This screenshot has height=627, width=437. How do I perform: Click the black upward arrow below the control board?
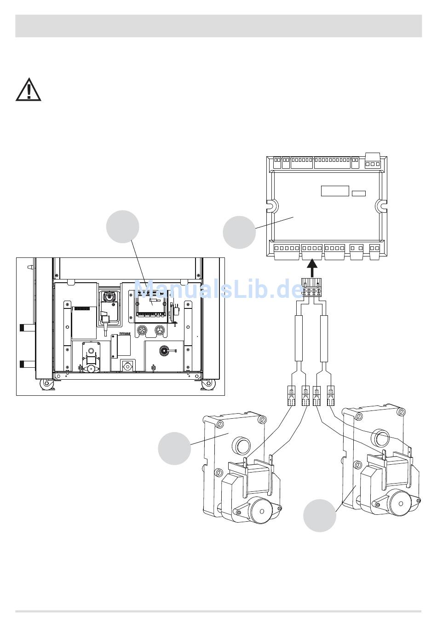point(312,268)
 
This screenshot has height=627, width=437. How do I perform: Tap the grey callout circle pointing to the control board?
point(239,232)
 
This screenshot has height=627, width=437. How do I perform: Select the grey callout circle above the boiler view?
point(123,227)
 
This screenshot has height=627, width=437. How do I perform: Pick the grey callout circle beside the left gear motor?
point(174,449)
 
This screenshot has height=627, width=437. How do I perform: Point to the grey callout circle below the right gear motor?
point(320,515)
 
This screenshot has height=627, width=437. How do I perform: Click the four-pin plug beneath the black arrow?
point(311,287)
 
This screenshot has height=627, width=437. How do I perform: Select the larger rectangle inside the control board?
point(335,191)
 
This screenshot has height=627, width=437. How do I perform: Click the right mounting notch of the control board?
point(381,206)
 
